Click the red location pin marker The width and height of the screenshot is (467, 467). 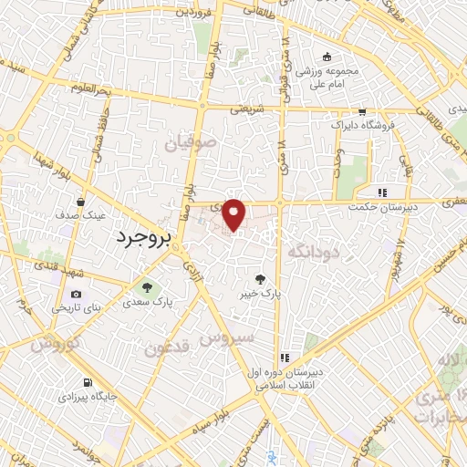click(x=234, y=213)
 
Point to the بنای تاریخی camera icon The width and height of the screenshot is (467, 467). click(x=75, y=295)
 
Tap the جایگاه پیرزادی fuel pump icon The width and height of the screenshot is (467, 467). click(x=86, y=384)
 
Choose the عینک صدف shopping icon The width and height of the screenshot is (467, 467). click(x=81, y=202)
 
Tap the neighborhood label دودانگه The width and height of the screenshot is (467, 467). click(x=309, y=249)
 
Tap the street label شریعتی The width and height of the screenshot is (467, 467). click(x=244, y=107)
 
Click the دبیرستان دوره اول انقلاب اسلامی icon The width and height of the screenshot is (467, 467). click(x=284, y=357)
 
